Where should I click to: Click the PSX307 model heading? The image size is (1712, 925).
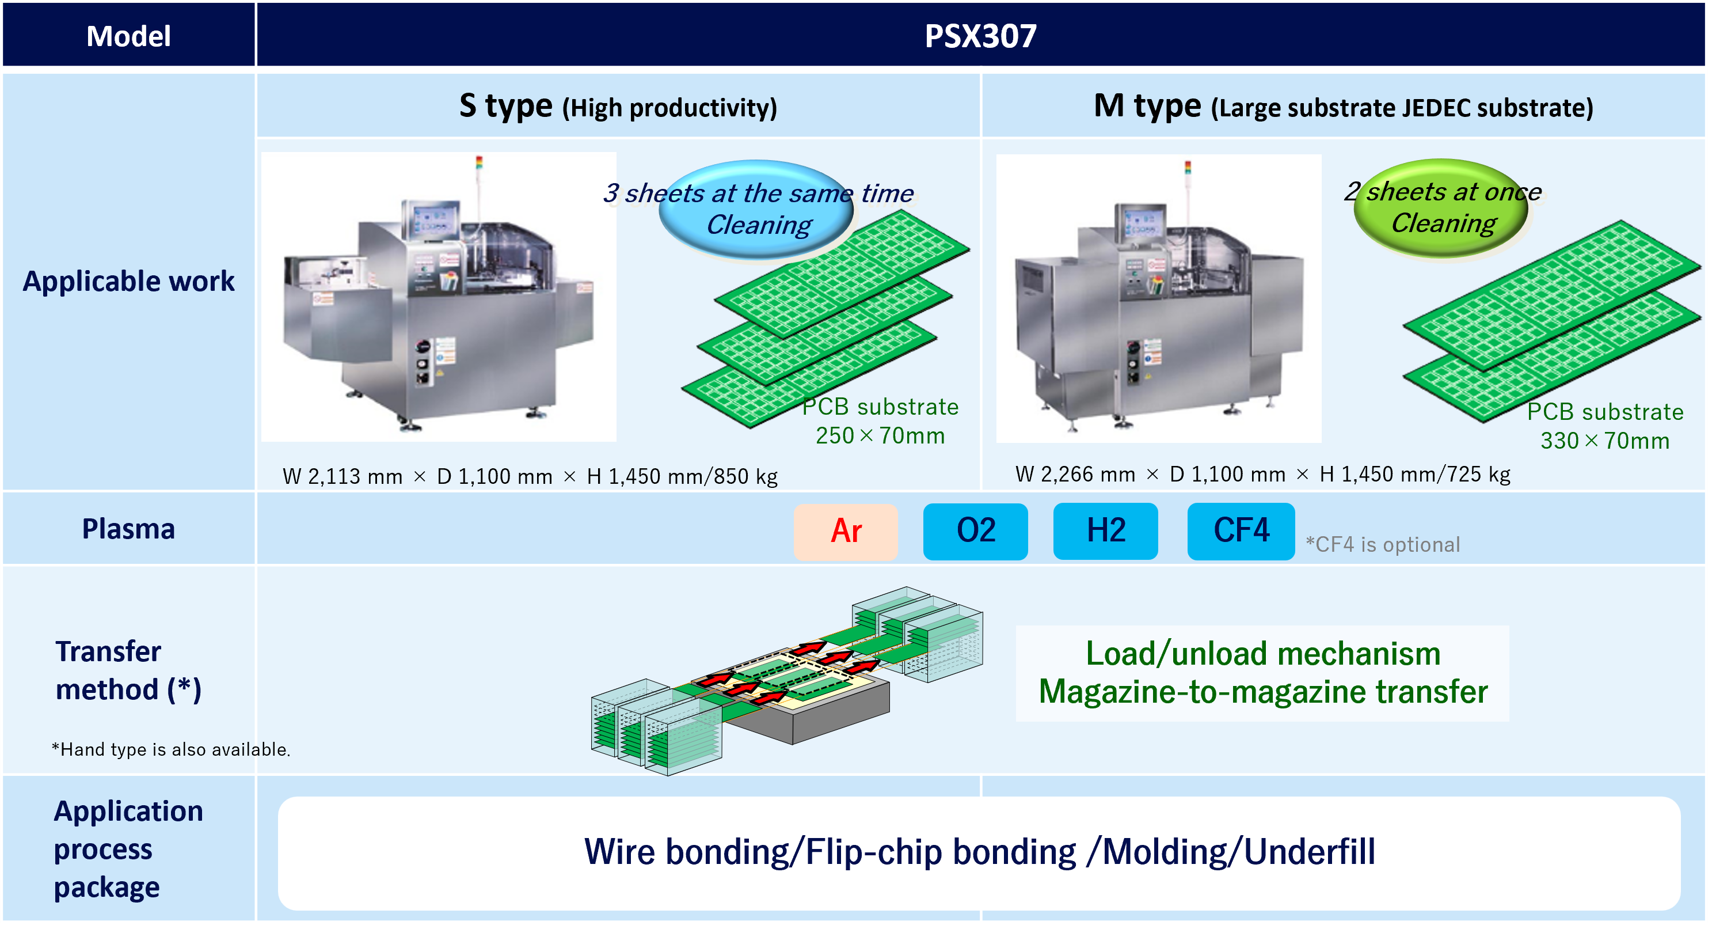click(980, 36)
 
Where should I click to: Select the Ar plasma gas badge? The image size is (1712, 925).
click(846, 531)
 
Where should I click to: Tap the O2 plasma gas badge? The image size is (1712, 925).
click(976, 531)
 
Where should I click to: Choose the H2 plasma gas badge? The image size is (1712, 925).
click(1106, 531)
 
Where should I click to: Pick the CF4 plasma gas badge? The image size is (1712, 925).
click(1241, 531)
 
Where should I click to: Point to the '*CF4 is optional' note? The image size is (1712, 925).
click(1383, 545)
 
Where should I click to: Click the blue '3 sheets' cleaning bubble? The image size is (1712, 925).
click(757, 209)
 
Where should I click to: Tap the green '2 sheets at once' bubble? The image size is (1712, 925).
click(1441, 207)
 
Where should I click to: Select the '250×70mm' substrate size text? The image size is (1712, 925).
click(880, 435)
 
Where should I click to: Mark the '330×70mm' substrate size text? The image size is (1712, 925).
click(1605, 441)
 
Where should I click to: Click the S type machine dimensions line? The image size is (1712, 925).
click(530, 477)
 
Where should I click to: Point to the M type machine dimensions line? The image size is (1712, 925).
click(1263, 474)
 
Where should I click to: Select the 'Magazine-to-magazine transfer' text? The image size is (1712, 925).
click(1263, 692)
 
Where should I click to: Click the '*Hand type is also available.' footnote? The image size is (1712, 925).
click(171, 749)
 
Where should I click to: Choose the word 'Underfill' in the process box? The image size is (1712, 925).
click(1309, 852)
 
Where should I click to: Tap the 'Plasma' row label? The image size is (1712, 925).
click(128, 529)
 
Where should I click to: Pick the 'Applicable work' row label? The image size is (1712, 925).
click(128, 281)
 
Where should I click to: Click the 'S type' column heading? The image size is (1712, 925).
click(506, 107)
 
